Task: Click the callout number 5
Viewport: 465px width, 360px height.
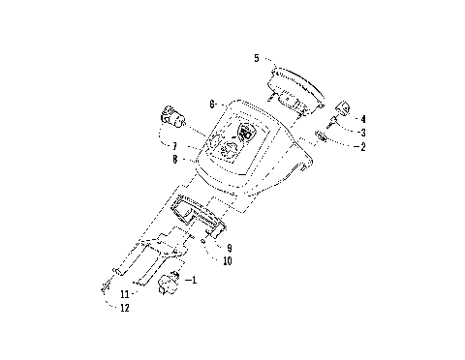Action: point(256,58)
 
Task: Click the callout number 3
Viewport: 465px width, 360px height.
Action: point(362,132)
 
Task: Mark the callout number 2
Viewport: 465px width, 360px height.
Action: point(362,147)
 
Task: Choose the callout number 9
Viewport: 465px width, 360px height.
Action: point(229,248)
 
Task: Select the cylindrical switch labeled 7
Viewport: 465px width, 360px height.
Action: point(174,117)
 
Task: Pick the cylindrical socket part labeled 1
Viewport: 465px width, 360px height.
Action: point(172,285)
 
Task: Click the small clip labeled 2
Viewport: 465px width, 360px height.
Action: point(322,141)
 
